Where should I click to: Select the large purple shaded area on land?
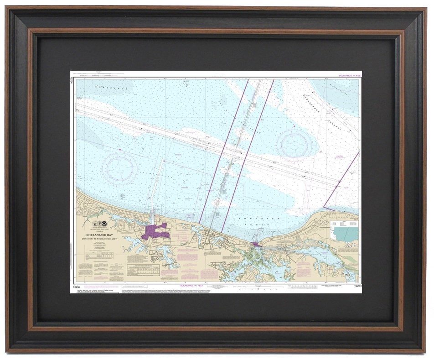(154, 232)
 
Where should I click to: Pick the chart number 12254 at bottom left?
(77, 286)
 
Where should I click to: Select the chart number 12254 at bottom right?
(357, 286)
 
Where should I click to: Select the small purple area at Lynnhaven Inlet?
(255, 245)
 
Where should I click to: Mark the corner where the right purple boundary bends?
(324, 207)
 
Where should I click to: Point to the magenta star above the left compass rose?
(119, 149)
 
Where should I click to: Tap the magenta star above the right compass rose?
(294, 126)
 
